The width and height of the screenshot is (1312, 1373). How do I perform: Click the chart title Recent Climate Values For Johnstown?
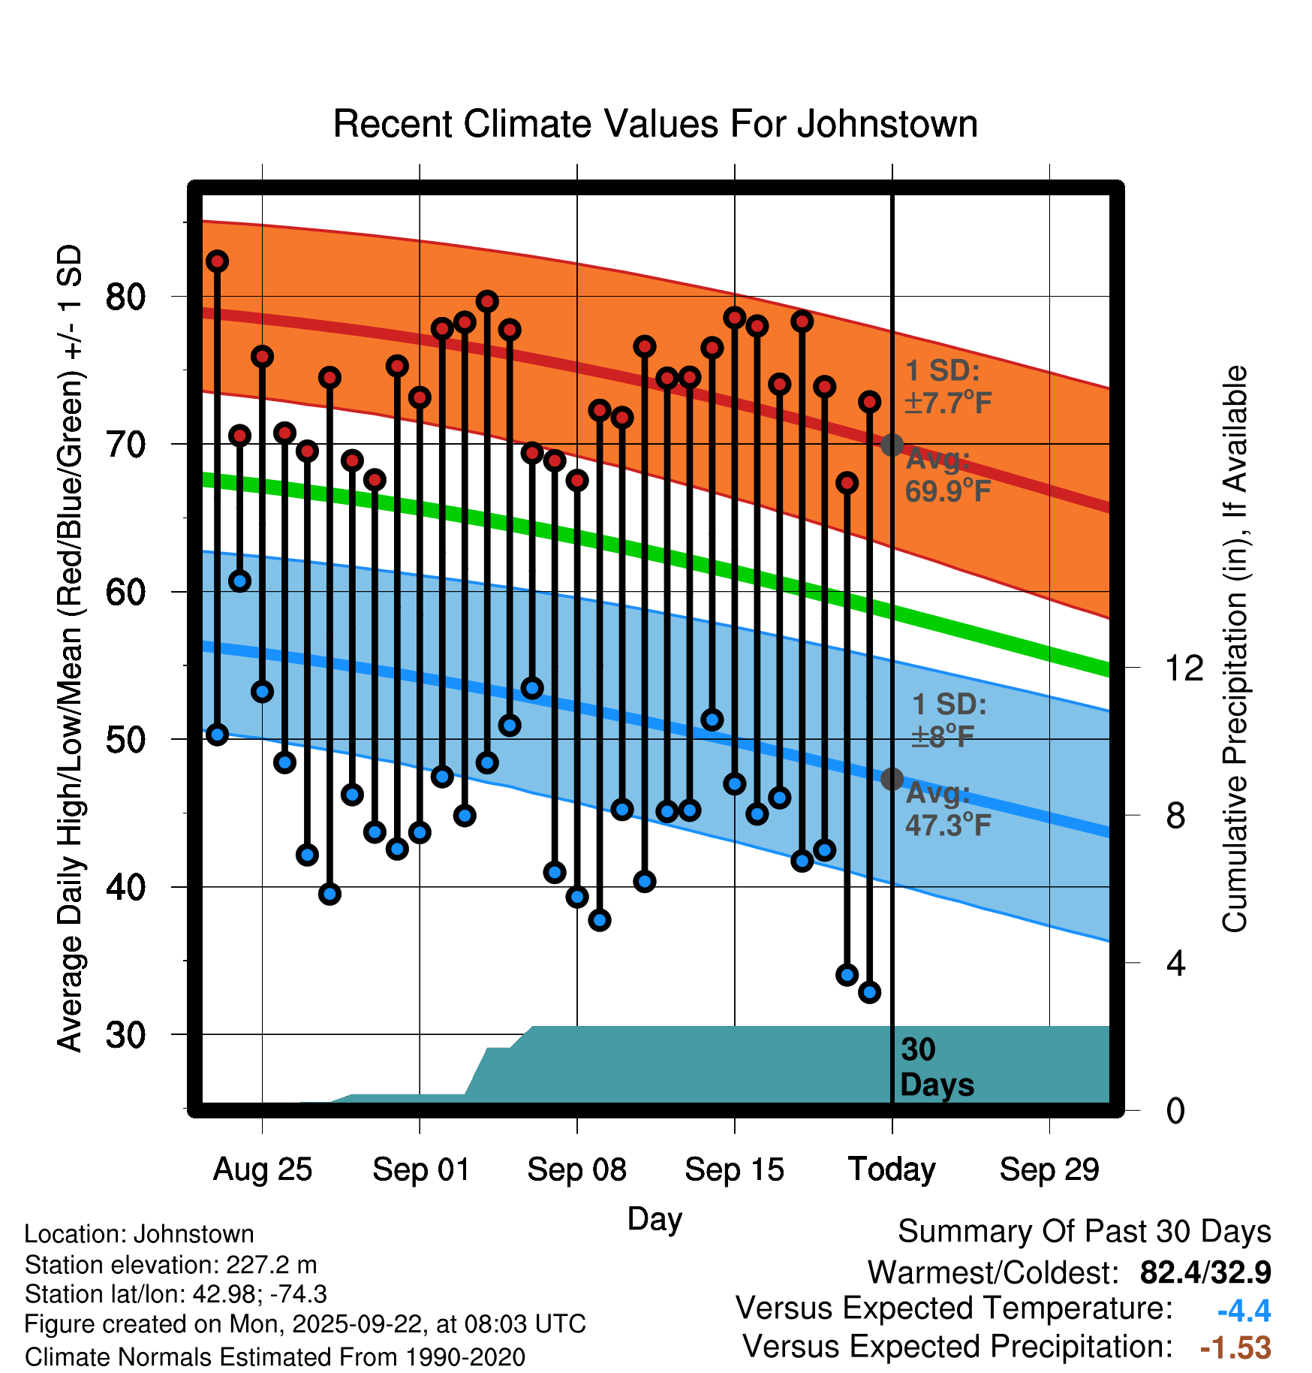click(655, 125)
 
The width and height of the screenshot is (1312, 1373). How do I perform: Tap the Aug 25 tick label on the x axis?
click(262, 1169)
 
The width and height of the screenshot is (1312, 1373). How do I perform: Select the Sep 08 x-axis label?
click(576, 1169)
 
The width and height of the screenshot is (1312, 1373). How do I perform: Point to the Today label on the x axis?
click(892, 1169)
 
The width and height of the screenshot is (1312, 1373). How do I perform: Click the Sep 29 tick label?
click(1049, 1169)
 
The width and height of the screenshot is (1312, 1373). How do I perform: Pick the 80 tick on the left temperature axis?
click(125, 297)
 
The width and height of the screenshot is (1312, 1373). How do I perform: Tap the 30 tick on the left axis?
click(125, 1036)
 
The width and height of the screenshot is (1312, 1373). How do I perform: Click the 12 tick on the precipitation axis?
click(1184, 668)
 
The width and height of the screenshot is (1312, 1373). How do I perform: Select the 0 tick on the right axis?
click(1175, 1111)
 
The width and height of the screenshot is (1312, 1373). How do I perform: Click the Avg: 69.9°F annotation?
click(947, 475)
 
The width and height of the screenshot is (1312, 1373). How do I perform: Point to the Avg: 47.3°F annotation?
click(947, 810)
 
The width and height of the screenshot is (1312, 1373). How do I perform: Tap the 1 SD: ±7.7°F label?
click(947, 388)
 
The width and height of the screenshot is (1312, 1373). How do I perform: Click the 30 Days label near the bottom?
click(936, 1067)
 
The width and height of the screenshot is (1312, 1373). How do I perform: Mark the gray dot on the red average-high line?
click(892, 445)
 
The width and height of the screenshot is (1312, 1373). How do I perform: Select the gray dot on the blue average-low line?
click(892, 779)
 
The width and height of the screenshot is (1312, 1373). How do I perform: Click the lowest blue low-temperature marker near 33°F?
click(869, 992)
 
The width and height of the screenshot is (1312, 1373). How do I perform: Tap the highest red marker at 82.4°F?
click(218, 261)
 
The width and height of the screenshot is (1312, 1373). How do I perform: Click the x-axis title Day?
click(654, 1219)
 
